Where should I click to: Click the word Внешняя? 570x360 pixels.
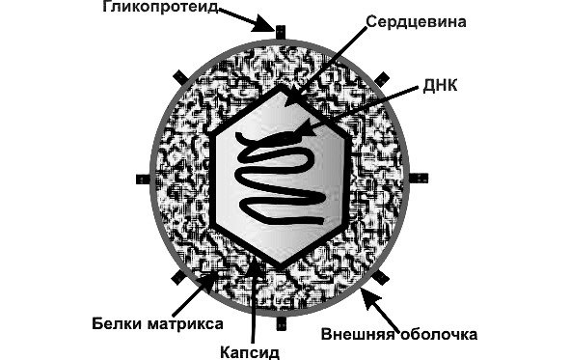(354, 336)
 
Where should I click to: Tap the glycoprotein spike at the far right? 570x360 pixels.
(421, 177)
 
